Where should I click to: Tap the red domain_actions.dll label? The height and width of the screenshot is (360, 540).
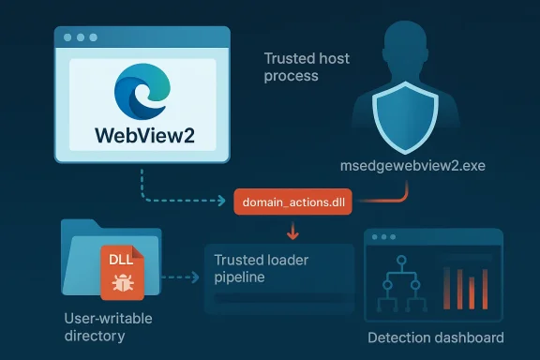tap(294, 202)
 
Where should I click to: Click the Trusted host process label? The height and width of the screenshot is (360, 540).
tap(307, 67)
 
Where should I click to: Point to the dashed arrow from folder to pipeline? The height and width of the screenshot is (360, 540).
tap(183, 277)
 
